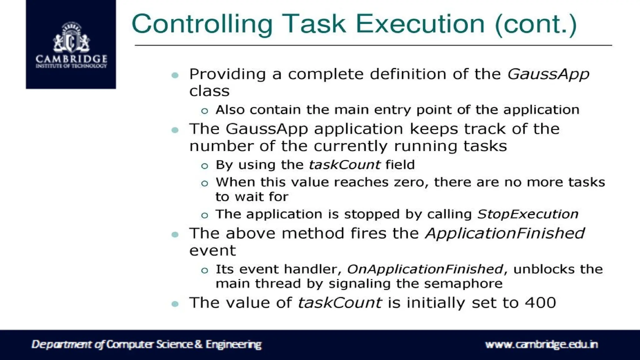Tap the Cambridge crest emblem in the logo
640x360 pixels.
[71, 38]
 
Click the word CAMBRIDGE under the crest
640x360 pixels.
[71, 59]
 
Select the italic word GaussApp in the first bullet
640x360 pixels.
[548, 74]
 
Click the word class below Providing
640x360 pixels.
[209, 91]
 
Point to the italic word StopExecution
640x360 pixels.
[527, 214]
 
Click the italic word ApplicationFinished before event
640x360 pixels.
[505, 233]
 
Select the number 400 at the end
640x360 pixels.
[540, 303]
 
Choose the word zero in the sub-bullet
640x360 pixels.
[411, 182]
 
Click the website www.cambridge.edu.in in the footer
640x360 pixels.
[541, 344]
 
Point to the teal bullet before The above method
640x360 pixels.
[175, 235]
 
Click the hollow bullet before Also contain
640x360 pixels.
[205, 111]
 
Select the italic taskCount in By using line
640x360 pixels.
[344, 165]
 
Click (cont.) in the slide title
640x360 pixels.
[536, 24]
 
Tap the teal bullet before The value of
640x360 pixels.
[175, 304]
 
